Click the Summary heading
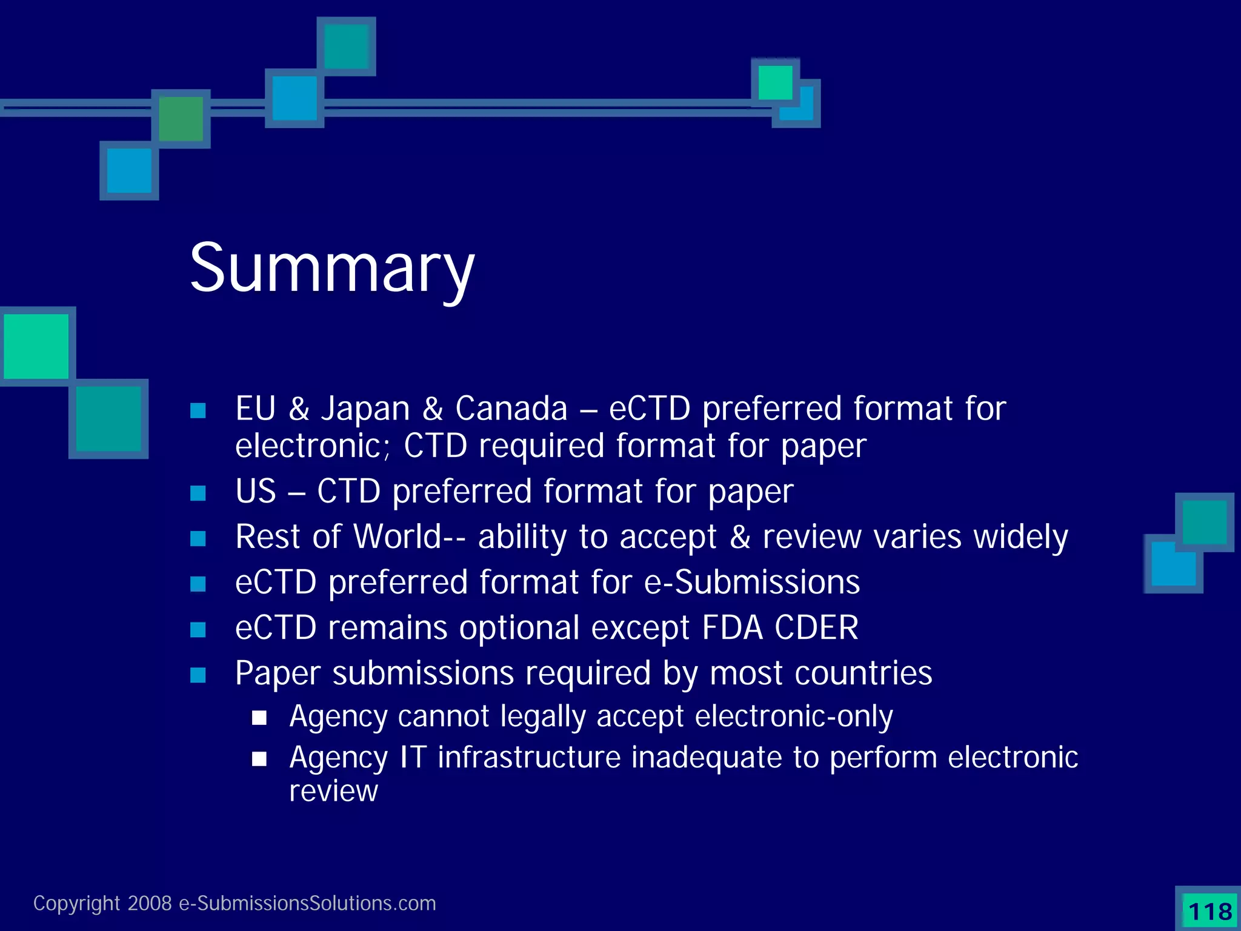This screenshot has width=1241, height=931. pyautogui.click(x=332, y=268)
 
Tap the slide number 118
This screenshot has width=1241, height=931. pyautogui.click(x=1210, y=911)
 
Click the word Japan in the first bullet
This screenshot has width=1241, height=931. pyautogui.click(x=365, y=409)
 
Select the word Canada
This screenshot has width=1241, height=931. pyautogui.click(x=511, y=409)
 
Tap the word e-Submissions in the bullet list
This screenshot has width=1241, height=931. pyautogui.click(x=751, y=582)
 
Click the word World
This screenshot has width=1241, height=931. pyautogui.click(x=397, y=536)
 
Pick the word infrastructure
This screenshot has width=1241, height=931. pyautogui.click(x=529, y=757)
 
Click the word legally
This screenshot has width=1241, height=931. pyautogui.click(x=543, y=716)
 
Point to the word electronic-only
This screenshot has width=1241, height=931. pyautogui.click(x=794, y=716)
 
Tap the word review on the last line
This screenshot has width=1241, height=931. pyautogui.click(x=333, y=791)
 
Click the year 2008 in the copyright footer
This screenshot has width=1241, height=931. pyautogui.click(x=150, y=903)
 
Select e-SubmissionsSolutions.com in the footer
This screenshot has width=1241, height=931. pyautogui.click(x=307, y=903)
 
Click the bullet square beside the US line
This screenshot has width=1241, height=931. pyautogui.click(x=198, y=493)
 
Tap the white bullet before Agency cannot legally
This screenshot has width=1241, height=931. pyautogui.click(x=259, y=718)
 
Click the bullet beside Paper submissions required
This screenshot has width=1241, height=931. pyautogui.click(x=198, y=675)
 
